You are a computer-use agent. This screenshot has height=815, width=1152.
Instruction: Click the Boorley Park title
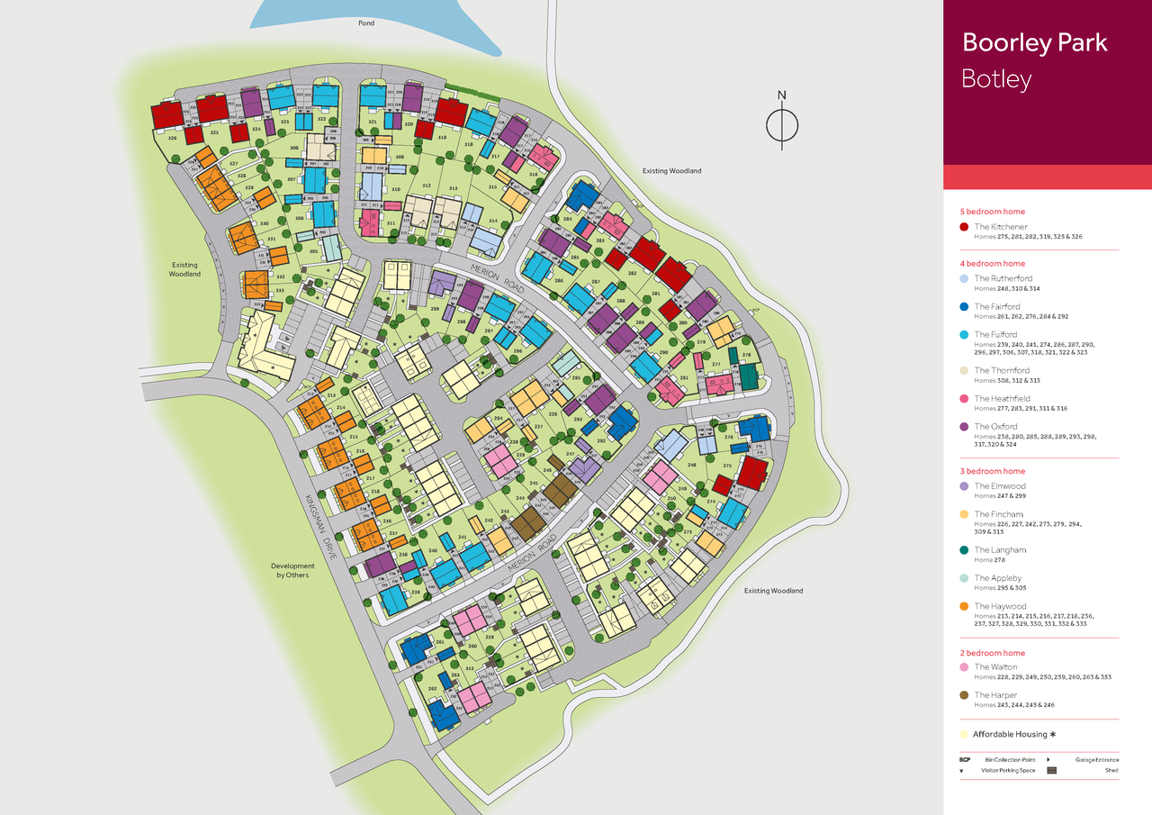(x=1034, y=42)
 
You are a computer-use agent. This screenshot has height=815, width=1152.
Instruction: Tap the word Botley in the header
(x=996, y=79)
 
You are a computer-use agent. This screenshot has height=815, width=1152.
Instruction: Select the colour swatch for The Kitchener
(x=965, y=227)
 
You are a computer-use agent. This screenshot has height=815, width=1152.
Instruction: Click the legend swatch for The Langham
(x=965, y=550)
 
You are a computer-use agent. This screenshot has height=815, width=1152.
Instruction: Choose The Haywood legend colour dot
(x=965, y=606)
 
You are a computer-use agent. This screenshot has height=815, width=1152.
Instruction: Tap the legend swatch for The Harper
(x=965, y=695)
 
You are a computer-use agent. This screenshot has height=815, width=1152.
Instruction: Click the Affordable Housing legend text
(x=1010, y=734)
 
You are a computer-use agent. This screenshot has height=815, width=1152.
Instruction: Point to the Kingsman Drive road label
(x=320, y=528)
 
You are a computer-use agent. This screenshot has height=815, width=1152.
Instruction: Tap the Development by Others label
(x=293, y=570)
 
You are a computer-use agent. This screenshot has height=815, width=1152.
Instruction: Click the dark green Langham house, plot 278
(x=749, y=376)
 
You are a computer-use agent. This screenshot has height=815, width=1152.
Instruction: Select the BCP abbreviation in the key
(x=966, y=759)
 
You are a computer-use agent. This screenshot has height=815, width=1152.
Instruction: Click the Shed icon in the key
(x=1050, y=770)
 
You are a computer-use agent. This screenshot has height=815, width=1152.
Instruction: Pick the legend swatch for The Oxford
(x=965, y=427)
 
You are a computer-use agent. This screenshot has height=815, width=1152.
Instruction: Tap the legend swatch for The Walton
(x=965, y=667)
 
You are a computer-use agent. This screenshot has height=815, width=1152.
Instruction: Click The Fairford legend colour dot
(x=965, y=307)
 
